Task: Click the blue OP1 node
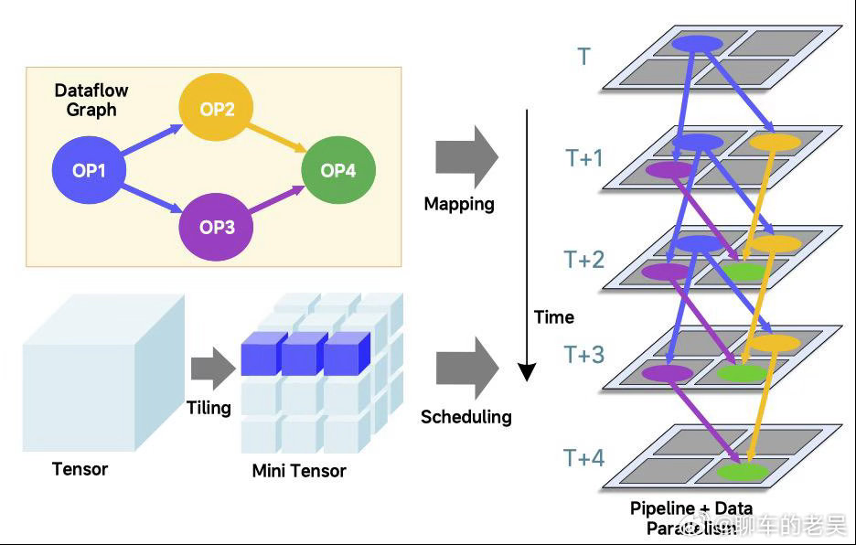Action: pyautogui.click(x=88, y=170)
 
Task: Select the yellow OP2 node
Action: pyautogui.click(x=217, y=110)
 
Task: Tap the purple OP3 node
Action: pyautogui.click(x=217, y=227)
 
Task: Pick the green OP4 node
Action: pyautogui.click(x=337, y=170)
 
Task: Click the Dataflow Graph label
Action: pyautogui.click(x=91, y=100)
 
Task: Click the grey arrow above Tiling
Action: pyautogui.click(x=212, y=368)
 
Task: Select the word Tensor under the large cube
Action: pyautogui.click(x=80, y=469)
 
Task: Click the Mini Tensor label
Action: pyautogui.click(x=299, y=471)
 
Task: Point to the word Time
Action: pyautogui.click(x=554, y=317)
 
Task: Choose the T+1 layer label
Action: pyautogui.click(x=584, y=158)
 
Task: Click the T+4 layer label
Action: pyautogui.click(x=584, y=458)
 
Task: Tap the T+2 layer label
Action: pyautogui.click(x=584, y=260)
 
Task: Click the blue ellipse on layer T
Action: pyautogui.click(x=697, y=44)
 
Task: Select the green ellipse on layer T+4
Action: pyautogui.click(x=741, y=472)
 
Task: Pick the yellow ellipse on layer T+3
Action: pyautogui.click(x=775, y=343)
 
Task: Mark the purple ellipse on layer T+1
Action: pyautogui.click(x=669, y=170)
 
